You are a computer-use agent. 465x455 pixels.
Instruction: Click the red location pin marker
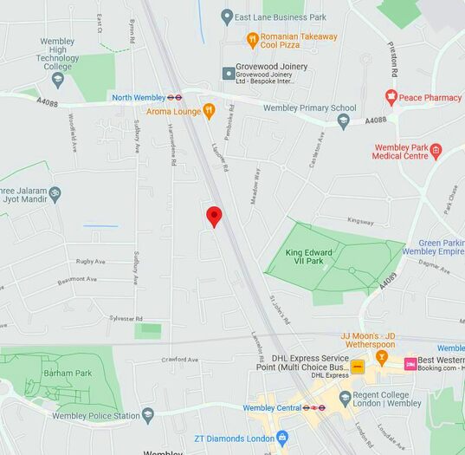pos(214,217)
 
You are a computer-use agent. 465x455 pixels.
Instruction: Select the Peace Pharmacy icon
pos(391,97)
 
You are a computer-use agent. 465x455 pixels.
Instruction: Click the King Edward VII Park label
pos(309,257)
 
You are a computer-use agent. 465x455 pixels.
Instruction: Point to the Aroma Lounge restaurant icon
pos(208,111)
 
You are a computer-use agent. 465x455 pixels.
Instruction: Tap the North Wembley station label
pos(139,97)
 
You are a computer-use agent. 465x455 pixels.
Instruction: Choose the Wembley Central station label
pos(271,407)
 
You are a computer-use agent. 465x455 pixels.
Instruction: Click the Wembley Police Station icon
pos(148,415)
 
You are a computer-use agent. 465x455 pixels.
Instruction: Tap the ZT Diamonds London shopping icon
pos(281,438)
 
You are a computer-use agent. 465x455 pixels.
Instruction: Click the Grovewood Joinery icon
pos(229,73)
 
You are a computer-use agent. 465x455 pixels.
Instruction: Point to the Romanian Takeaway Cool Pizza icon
pos(252,39)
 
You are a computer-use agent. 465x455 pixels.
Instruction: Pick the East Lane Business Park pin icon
pos(227,16)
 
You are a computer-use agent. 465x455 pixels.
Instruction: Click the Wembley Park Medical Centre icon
pos(435,152)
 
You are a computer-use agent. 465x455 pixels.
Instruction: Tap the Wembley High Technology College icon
pos(58,80)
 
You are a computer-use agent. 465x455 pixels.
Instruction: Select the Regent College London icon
pos(345,398)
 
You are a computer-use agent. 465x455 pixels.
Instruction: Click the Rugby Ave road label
pos(90,261)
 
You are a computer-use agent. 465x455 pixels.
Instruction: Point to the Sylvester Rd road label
pos(126,318)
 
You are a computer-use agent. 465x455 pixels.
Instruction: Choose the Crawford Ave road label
pos(179,359)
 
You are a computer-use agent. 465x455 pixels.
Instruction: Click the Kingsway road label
pos(359,221)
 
